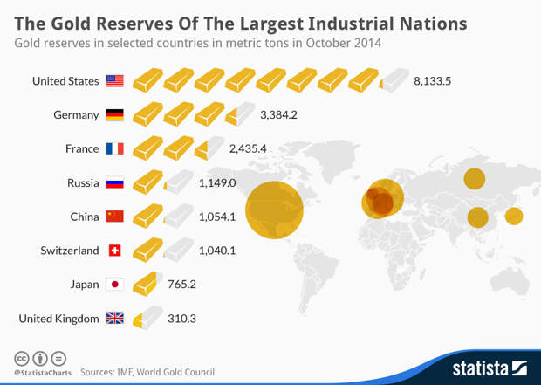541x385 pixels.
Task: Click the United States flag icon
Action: (x=114, y=81)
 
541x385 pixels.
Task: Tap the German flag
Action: (x=114, y=114)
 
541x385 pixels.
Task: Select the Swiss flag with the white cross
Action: (x=114, y=251)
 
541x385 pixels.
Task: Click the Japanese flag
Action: (x=114, y=284)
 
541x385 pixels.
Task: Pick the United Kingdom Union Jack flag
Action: (x=114, y=319)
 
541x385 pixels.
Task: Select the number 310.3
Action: (x=181, y=319)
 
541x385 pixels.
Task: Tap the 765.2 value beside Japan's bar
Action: (x=181, y=284)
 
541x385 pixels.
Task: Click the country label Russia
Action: (x=83, y=182)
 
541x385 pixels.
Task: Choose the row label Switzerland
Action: (x=70, y=251)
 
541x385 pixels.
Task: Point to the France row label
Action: (x=82, y=148)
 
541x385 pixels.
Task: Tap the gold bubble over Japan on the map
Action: (x=514, y=216)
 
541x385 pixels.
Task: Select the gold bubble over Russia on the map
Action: (x=475, y=179)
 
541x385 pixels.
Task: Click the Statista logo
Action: (x=489, y=368)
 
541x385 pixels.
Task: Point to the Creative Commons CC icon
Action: (x=21, y=358)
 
